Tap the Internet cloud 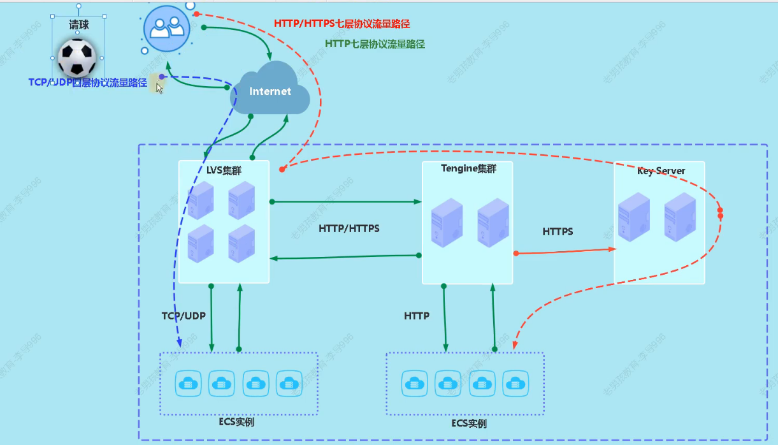click(270, 91)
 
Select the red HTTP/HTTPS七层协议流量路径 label click(342, 24)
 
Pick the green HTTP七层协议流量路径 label click(375, 44)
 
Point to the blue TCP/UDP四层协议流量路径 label click(88, 83)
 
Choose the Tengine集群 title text click(468, 169)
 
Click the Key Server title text click(661, 171)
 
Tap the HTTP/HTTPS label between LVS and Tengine click(349, 228)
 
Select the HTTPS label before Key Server click(558, 231)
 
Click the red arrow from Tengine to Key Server click(564, 251)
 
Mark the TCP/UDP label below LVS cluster click(184, 316)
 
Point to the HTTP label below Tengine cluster click(417, 316)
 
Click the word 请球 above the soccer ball click(79, 25)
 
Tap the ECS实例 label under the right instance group click(468, 424)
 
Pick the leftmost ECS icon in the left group click(188, 383)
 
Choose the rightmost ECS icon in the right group click(515, 383)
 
